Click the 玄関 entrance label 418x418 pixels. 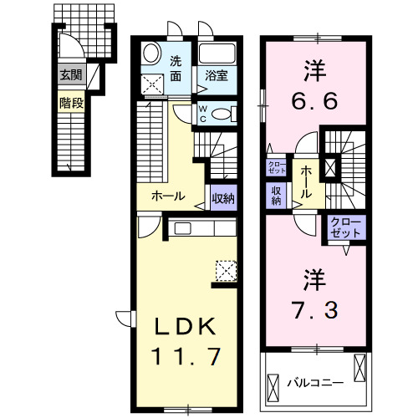69,75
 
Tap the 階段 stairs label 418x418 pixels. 69,104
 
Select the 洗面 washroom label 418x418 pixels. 176,68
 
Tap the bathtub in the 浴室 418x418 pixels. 219,55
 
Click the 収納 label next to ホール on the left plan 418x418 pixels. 222,198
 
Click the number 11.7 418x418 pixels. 186,357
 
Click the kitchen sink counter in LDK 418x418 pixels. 194,227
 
